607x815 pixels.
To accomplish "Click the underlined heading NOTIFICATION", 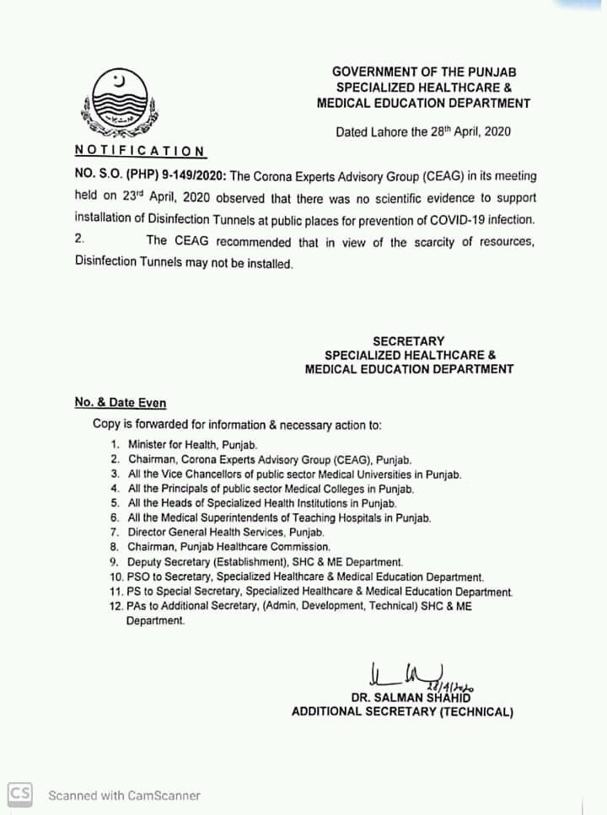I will point(139,151).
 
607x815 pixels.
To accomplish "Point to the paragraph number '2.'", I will point(79,241).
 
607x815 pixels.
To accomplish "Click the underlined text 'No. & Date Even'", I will point(120,403).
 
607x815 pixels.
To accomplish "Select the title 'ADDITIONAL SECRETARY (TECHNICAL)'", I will point(402,712).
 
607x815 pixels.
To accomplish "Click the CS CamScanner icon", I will point(20,793).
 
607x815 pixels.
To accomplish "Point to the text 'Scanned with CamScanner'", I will point(124,795).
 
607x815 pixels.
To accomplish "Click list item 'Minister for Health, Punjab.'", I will point(192,443).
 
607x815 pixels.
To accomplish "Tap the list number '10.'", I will point(116,577).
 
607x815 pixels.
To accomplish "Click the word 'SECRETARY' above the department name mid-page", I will point(408,340).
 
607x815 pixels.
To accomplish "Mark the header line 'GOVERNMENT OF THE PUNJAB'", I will point(422,72).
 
